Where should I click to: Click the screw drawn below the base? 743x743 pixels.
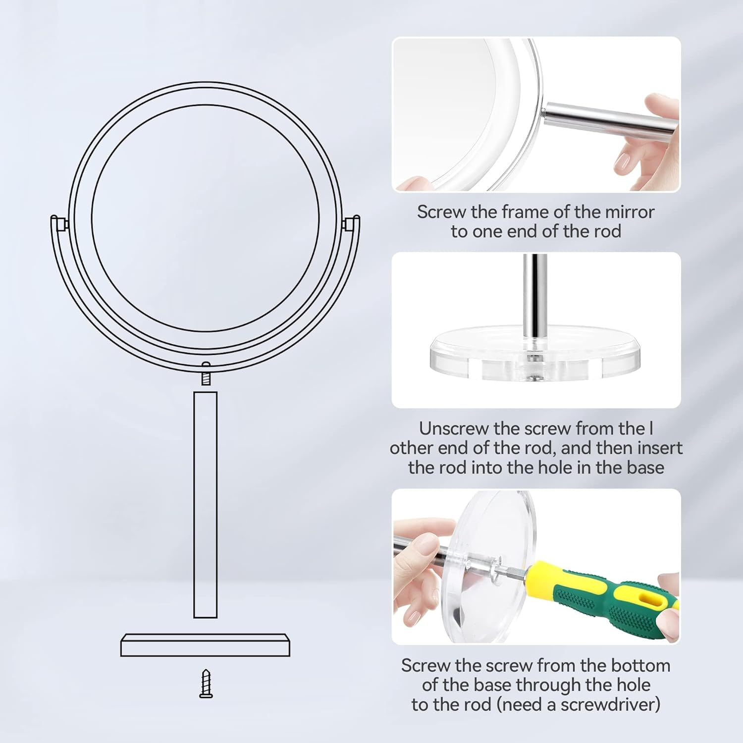point(206,684)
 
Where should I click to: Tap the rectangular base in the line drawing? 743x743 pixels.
point(205,645)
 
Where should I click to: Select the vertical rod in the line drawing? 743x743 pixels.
point(205,504)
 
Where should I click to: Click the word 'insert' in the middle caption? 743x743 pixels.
point(659,448)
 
